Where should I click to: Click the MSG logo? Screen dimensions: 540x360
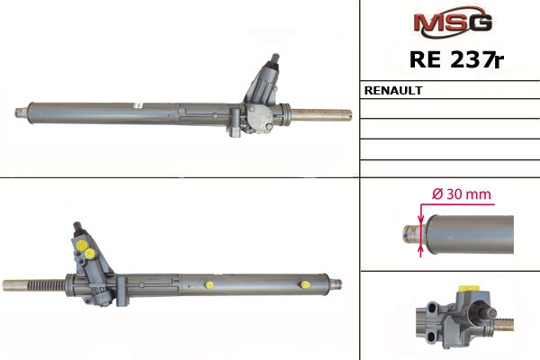[453, 22]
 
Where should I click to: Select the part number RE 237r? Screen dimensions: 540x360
[456, 59]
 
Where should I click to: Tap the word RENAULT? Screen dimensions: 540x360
[393, 90]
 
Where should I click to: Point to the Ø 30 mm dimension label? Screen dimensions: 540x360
[461, 194]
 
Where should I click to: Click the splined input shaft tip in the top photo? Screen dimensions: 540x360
[275, 58]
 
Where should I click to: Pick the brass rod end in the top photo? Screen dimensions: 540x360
[321, 114]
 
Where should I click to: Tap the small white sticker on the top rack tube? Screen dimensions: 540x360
[137, 104]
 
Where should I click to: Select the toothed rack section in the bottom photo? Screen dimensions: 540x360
[46, 285]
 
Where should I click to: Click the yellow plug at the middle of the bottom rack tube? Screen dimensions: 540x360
[209, 285]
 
